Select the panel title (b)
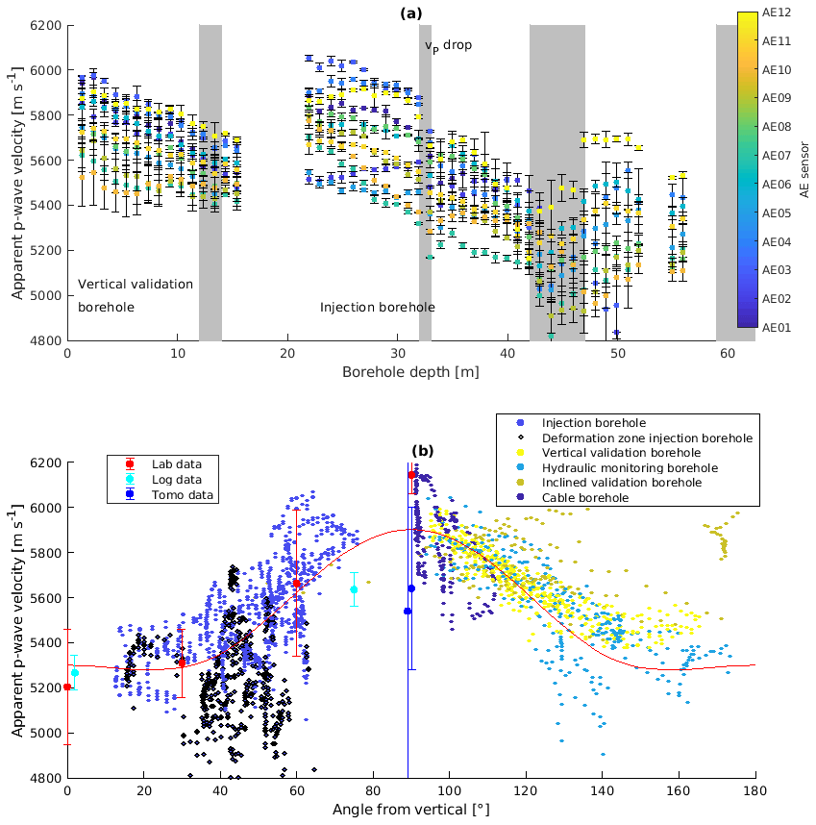coord(423,450)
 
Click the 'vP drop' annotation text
coord(449,45)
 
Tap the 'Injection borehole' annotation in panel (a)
coord(377,307)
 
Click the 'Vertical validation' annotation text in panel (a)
coord(136,284)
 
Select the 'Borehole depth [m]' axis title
coord(409,371)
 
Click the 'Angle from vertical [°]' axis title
coord(410,810)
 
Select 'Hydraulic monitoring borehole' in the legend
coord(630,467)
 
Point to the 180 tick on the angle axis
coord(754,790)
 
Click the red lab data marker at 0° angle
coord(67,687)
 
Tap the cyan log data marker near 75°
coord(354,589)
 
